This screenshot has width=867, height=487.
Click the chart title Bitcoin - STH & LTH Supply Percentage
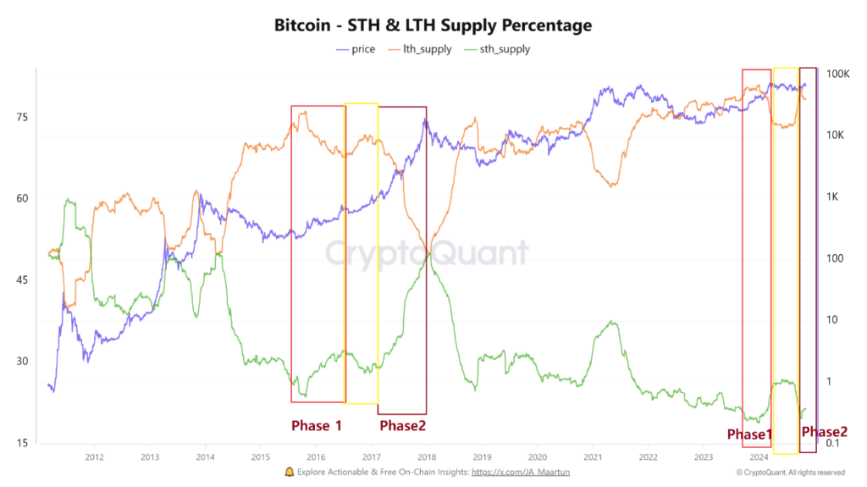click(x=433, y=25)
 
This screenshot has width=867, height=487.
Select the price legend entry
click(x=356, y=49)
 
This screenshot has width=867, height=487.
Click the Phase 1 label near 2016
click(x=317, y=425)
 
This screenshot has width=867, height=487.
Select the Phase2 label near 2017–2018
click(x=402, y=425)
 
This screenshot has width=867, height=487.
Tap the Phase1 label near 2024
click(x=749, y=434)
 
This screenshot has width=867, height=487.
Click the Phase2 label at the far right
click(x=825, y=432)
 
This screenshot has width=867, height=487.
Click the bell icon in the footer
click(x=290, y=472)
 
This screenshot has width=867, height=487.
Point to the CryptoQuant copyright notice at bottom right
click(x=779, y=472)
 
